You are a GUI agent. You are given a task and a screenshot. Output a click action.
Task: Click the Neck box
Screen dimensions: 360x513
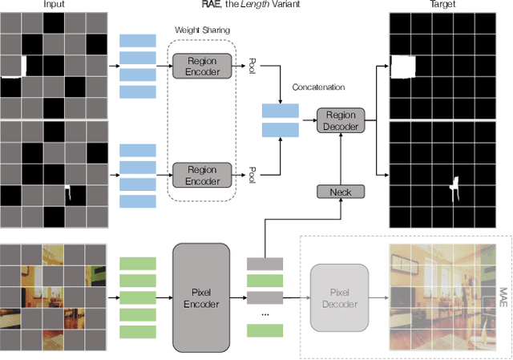click(340, 192)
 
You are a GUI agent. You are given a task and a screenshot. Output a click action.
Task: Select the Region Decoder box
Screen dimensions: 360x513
click(340, 120)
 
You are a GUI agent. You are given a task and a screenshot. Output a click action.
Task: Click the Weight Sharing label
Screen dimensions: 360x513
click(199, 30)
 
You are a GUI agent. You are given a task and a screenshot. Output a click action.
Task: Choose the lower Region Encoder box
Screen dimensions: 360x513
click(203, 175)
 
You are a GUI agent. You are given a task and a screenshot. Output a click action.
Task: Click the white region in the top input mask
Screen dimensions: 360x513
click(13, 66)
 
